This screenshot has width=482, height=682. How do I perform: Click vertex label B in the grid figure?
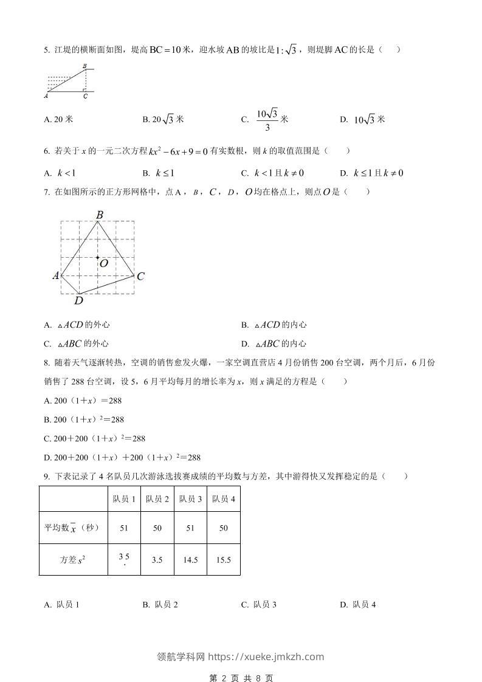[x=99, y=214]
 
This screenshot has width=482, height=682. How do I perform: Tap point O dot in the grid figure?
[x=97, y=258]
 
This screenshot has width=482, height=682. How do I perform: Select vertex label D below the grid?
[x=78, y=300]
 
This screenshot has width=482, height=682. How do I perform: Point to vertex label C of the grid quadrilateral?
[x=140, y=277]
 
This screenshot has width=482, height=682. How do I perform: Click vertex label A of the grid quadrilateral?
[x=56, y=276]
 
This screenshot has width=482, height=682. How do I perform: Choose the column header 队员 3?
[x=190, y=499]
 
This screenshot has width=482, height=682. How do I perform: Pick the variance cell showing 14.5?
[x=190, y=560]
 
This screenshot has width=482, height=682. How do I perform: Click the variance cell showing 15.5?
[x=224, y=560]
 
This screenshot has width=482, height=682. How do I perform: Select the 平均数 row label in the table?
[x=72, y=528]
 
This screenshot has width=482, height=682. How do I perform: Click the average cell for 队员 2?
[x=157, y=528]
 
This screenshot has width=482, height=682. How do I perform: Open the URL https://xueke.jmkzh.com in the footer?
[x=266, y=656]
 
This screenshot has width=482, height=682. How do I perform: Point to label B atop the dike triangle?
[x=84, y=66]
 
